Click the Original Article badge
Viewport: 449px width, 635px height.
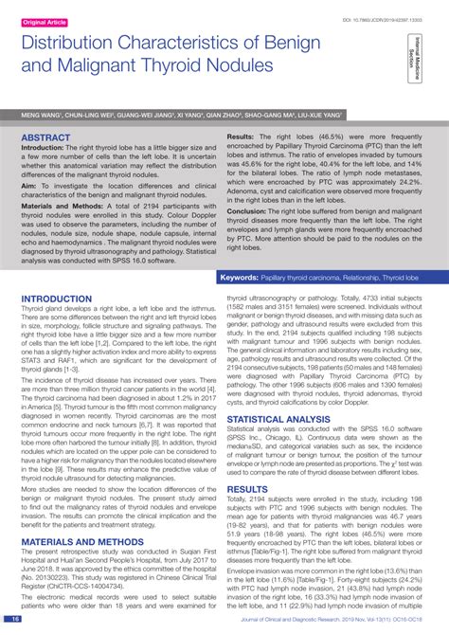pyautogui.click(x=44, y=21)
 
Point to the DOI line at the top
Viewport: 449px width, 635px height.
pyautogui.click(x=369, y=19)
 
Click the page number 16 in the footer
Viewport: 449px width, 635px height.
pyautogui.click(x=15, y=619)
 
